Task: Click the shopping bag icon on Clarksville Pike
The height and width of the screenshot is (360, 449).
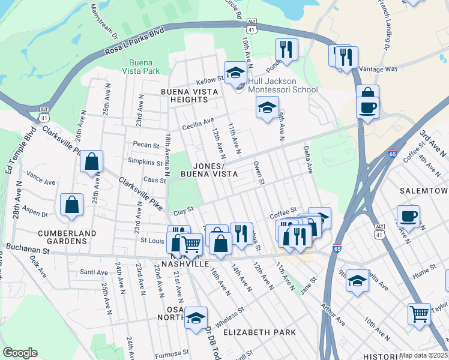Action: click(x=91, y=161)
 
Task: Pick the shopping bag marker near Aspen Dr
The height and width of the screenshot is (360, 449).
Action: click(x=72, y=205)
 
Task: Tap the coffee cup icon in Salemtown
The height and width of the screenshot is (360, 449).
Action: click(x=408, y=216)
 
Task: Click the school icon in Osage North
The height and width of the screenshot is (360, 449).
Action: click(x=196, y=319)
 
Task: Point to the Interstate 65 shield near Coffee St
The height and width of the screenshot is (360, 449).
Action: click(x=393, y=154)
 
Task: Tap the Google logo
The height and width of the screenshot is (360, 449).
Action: click(x=20, y=353)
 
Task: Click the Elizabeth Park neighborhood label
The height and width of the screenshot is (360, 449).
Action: click(x=259, y=332)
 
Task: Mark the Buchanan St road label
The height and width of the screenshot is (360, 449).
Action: click(x=28, y=247)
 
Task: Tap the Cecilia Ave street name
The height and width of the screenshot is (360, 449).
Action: click(x=199, y=122)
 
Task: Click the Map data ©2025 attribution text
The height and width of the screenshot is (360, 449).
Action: click(x=423, y=355)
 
